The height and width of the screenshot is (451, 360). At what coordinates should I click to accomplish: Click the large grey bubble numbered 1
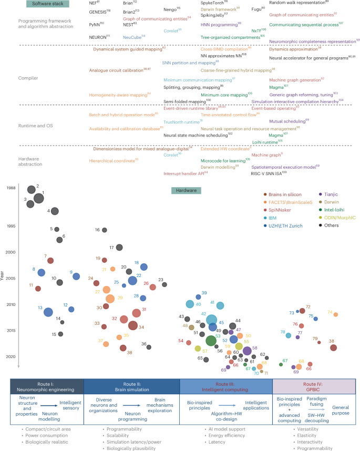click(38, 199)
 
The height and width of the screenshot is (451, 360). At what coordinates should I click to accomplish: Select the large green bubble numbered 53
click(211, 341)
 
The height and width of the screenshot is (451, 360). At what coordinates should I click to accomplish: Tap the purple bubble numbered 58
click(247, 351)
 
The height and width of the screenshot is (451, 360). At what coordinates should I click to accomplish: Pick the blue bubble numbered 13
click(48, 312)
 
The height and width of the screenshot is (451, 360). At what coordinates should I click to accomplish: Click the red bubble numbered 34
click(133, 326)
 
